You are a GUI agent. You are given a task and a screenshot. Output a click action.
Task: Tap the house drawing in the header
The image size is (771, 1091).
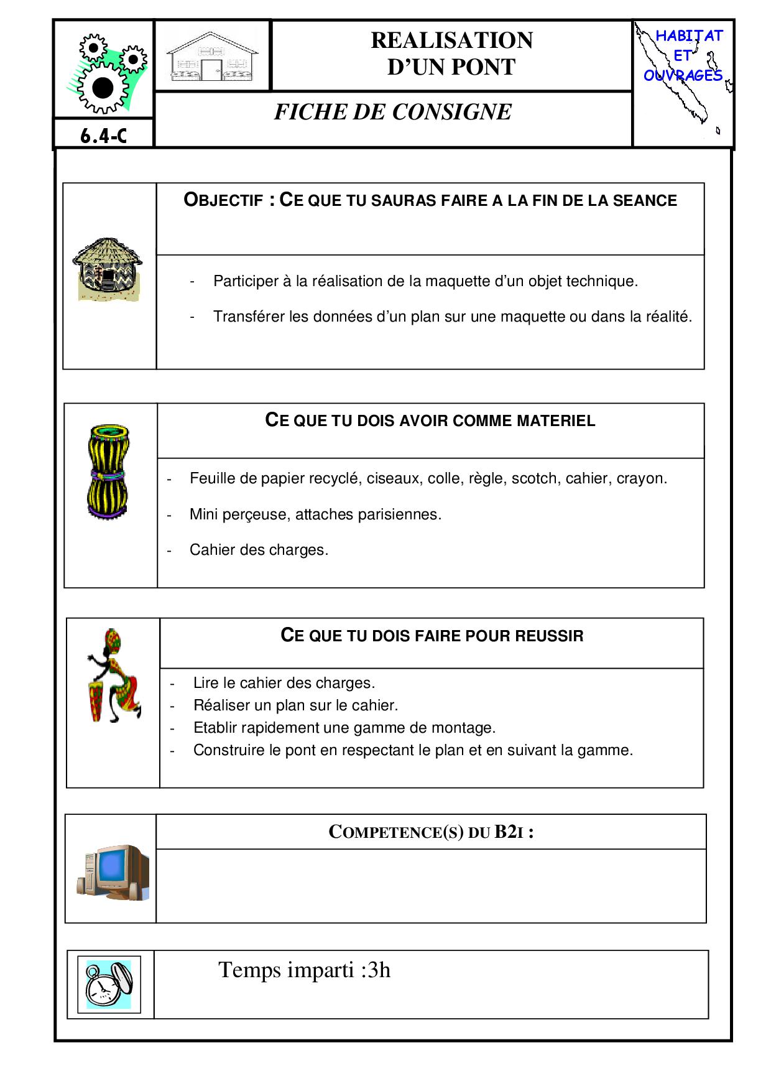(x=212, y=57)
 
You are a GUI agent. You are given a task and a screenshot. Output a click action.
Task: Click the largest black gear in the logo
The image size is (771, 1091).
(x=103, y=88)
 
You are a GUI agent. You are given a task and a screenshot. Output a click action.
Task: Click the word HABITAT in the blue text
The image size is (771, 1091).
(x=689, y=36)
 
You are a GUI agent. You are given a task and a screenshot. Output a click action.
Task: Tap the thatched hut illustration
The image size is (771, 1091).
(x=108, y=269)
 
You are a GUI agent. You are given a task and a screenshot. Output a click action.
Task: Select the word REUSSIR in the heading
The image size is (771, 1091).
(x=548, y=636)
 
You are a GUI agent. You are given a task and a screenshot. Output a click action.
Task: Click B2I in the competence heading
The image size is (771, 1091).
(x=509, y=832)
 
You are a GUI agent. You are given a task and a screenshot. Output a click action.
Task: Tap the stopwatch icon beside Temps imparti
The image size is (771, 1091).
(x=109, y=985)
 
